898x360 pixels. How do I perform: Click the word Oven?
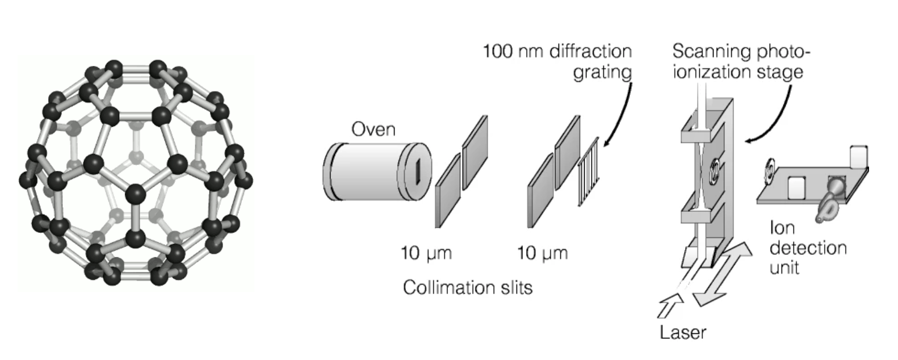click(373, 129)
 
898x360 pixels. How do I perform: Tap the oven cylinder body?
click(369, 171)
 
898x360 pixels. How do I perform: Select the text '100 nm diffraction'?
click(557, 52)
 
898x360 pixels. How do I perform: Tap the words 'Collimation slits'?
click(468, 287)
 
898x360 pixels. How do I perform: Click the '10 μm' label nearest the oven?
click(426, 253)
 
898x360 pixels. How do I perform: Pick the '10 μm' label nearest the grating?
click(542, 253)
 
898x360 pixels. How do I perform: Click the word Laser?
click(683, 332)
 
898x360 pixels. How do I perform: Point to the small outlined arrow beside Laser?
click(669, 307)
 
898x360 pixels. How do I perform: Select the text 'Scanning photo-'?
click(741, 52)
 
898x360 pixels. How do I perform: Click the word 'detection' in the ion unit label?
click(808, 248)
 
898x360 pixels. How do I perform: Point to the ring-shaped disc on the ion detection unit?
click(770, 170)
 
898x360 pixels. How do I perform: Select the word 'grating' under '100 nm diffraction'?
click(602, 72)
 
